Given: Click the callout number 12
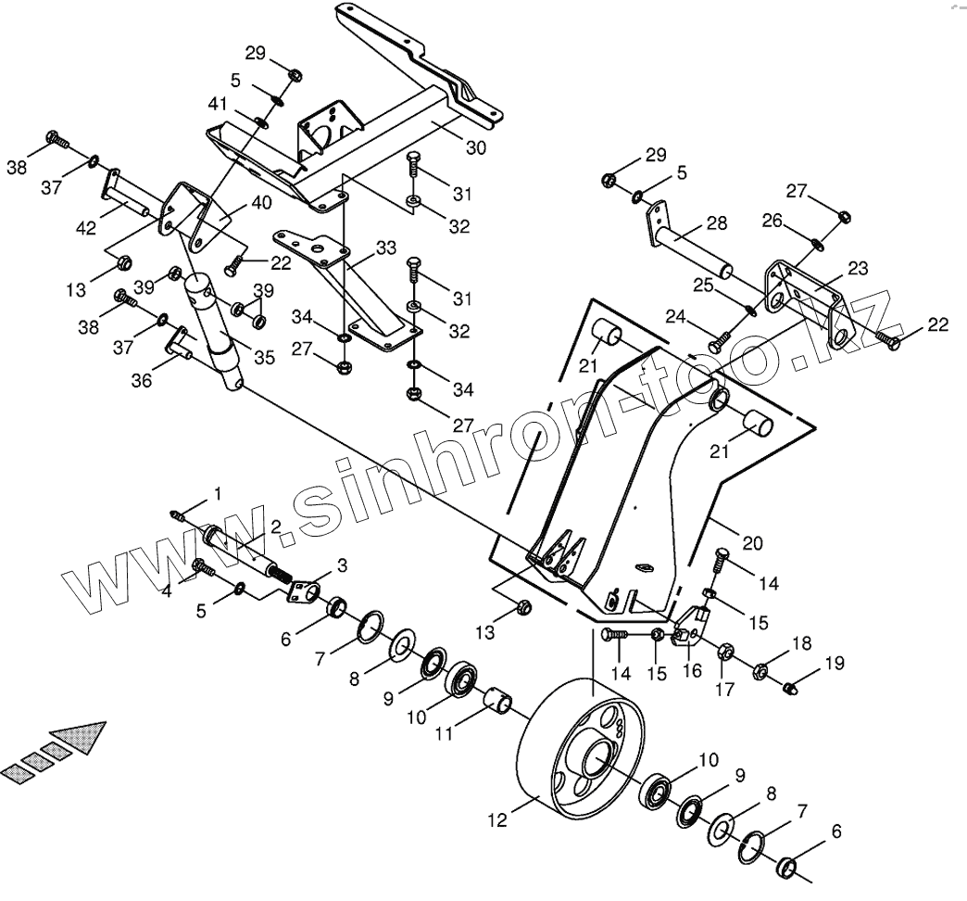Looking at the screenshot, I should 497,819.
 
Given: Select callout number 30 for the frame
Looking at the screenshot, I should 475,147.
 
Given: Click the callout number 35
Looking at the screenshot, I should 264,358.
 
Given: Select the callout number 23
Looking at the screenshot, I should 858,268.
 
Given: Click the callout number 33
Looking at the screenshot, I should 385,248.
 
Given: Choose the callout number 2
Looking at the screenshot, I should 275,527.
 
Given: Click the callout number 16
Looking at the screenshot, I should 692,670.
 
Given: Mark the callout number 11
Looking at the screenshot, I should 445,731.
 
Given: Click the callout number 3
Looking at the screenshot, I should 342,565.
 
